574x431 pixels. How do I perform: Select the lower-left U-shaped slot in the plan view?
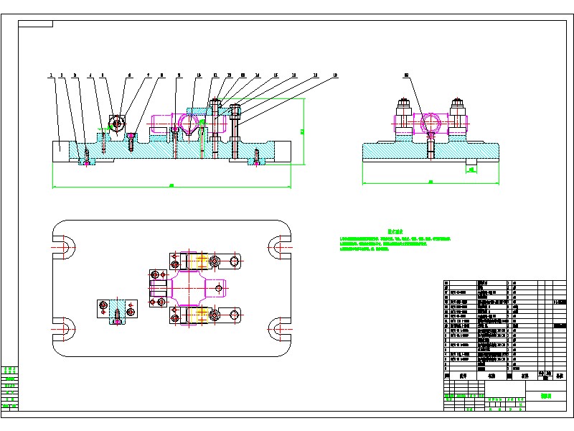pos(63,330)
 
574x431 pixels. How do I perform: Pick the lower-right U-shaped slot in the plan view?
pos(279,330)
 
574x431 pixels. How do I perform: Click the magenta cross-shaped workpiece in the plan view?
pos(190,288)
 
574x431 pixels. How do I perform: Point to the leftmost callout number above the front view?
pos(51,74)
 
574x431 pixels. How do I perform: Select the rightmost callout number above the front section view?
pos(335,74)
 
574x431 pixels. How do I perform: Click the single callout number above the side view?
pos(406,74)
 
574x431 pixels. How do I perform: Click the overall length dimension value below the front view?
pos(171,186)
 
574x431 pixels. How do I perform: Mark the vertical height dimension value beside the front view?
pos(303,131)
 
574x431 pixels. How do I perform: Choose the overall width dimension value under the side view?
pos(430,182)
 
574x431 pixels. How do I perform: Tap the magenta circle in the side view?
pos(430,123)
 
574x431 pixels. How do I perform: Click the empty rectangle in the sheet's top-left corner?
pos(35,24)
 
